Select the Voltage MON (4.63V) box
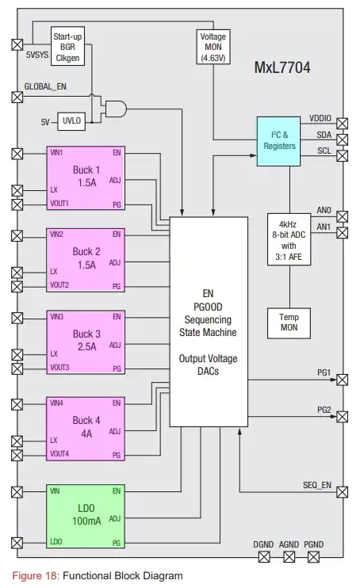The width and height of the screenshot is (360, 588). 213,48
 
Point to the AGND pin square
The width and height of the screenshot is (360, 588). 288,558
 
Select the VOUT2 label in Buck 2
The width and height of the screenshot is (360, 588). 60,284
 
